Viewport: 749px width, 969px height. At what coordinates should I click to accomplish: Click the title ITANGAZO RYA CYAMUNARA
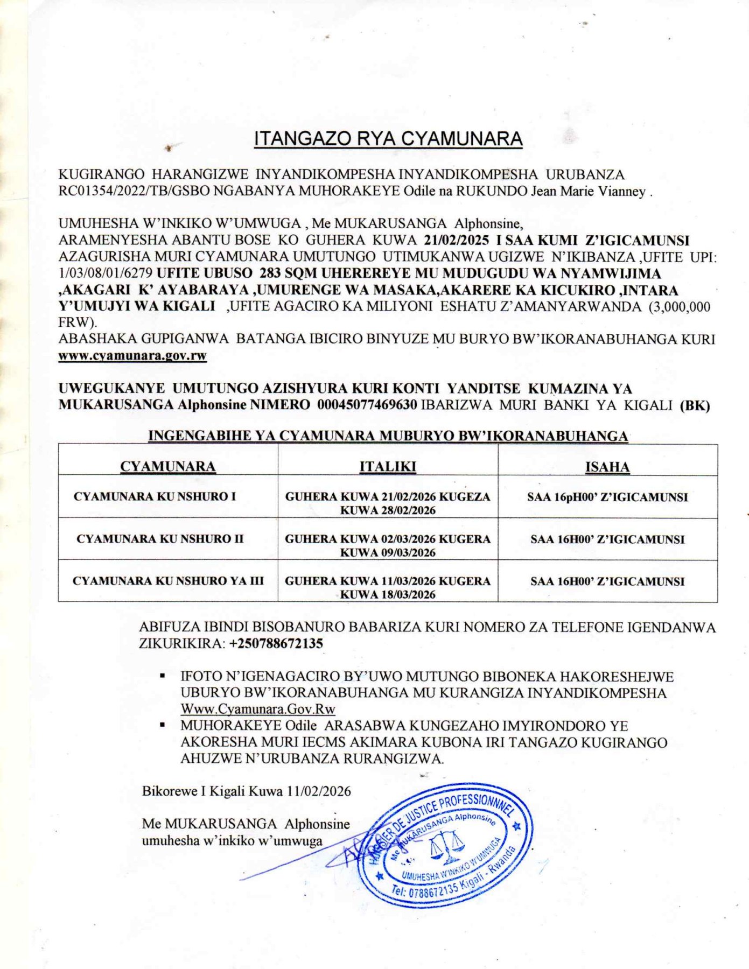pyautogui.click(x=388, y=139)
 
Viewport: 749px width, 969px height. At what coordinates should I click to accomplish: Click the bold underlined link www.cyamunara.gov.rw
pyautogui.click(x=132, y=356)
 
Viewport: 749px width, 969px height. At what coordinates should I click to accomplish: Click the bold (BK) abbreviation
pyautogui.click(x=695, y=405)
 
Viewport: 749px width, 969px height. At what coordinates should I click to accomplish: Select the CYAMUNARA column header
pyautogui.click(x=168, y=466)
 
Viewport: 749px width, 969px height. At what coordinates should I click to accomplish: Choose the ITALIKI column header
pyautogui.click(x=388, y=466)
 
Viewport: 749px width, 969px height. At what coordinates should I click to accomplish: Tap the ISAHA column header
pyautogui.click(x=607, y=466)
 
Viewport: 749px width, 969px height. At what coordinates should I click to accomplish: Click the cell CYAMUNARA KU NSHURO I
pyautogui.click(x=155, y=496)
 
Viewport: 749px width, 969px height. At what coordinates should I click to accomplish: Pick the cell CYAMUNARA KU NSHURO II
pyautogui.click(x=160, y=539)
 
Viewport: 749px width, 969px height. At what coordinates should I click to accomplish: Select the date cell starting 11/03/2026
pyautogui.click(x=388, y=587)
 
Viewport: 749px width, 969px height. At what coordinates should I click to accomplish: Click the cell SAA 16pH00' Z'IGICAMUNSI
pyautogui.click(x=607, y=497)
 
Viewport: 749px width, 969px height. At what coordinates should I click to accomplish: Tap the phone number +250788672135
pyautogui.click(x=276, y=643)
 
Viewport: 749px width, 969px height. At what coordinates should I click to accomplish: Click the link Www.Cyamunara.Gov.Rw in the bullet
pyautogui.click(x=258, y=709)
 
